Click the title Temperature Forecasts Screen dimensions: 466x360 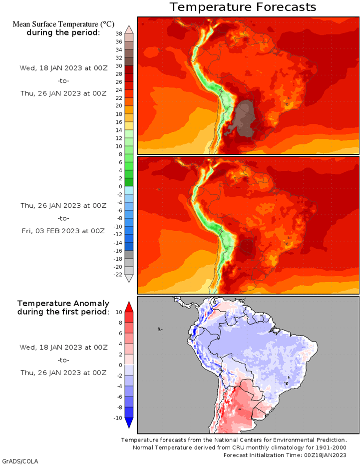click(243, 7)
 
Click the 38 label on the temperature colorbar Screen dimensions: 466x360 click(119, 33)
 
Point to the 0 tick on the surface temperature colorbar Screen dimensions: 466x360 click(119, 186)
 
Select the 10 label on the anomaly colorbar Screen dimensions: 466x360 click(119, 312)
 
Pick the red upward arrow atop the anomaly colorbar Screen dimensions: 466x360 click(129, 306)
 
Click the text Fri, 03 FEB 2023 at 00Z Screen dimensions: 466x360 click(63, 231)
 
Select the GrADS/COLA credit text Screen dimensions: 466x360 click(20, 461)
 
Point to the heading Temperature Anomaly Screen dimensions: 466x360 click(63, 303)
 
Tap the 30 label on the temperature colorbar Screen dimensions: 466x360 click(119, 65)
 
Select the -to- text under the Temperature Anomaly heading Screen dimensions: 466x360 click(63, 360)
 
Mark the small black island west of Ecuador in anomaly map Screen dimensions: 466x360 click(159, 329)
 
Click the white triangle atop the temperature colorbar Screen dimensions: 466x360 click(129, 28)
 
